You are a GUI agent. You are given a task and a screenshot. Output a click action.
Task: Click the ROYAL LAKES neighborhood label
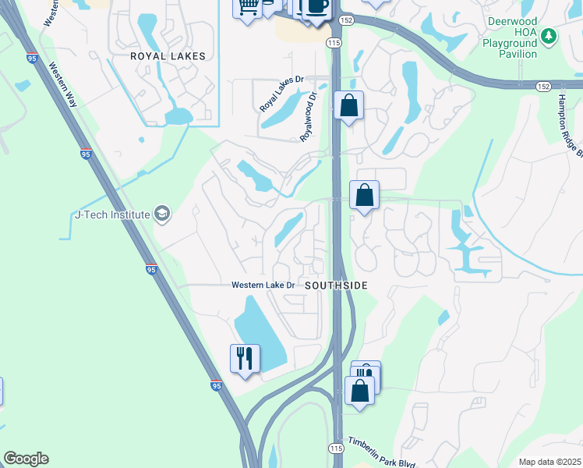tap(168, 56)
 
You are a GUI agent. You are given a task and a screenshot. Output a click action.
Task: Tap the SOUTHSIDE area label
tap(335, 285)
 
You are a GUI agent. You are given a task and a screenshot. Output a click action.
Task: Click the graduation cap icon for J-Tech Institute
tap(162, 214)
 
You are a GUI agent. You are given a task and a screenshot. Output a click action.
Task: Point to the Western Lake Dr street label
tap(263, 285)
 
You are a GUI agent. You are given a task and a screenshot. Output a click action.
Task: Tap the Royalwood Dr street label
tap(310, 118)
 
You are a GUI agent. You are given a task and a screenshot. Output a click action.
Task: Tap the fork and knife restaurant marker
tap(246, 358)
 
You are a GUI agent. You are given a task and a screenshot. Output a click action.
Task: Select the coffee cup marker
tap(316, 6)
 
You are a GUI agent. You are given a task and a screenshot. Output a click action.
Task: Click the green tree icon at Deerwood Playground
tap(549, 36)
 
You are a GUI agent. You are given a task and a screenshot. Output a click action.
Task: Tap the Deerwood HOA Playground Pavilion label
tap(511, 38)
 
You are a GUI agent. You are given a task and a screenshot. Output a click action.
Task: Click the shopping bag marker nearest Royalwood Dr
tap(348, 105)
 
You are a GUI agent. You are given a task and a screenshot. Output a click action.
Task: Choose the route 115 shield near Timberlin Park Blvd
tap(336, 448)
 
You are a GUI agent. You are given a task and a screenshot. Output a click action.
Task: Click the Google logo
tap(26, 459)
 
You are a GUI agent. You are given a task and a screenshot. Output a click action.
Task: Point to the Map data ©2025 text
tap(549, 462)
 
